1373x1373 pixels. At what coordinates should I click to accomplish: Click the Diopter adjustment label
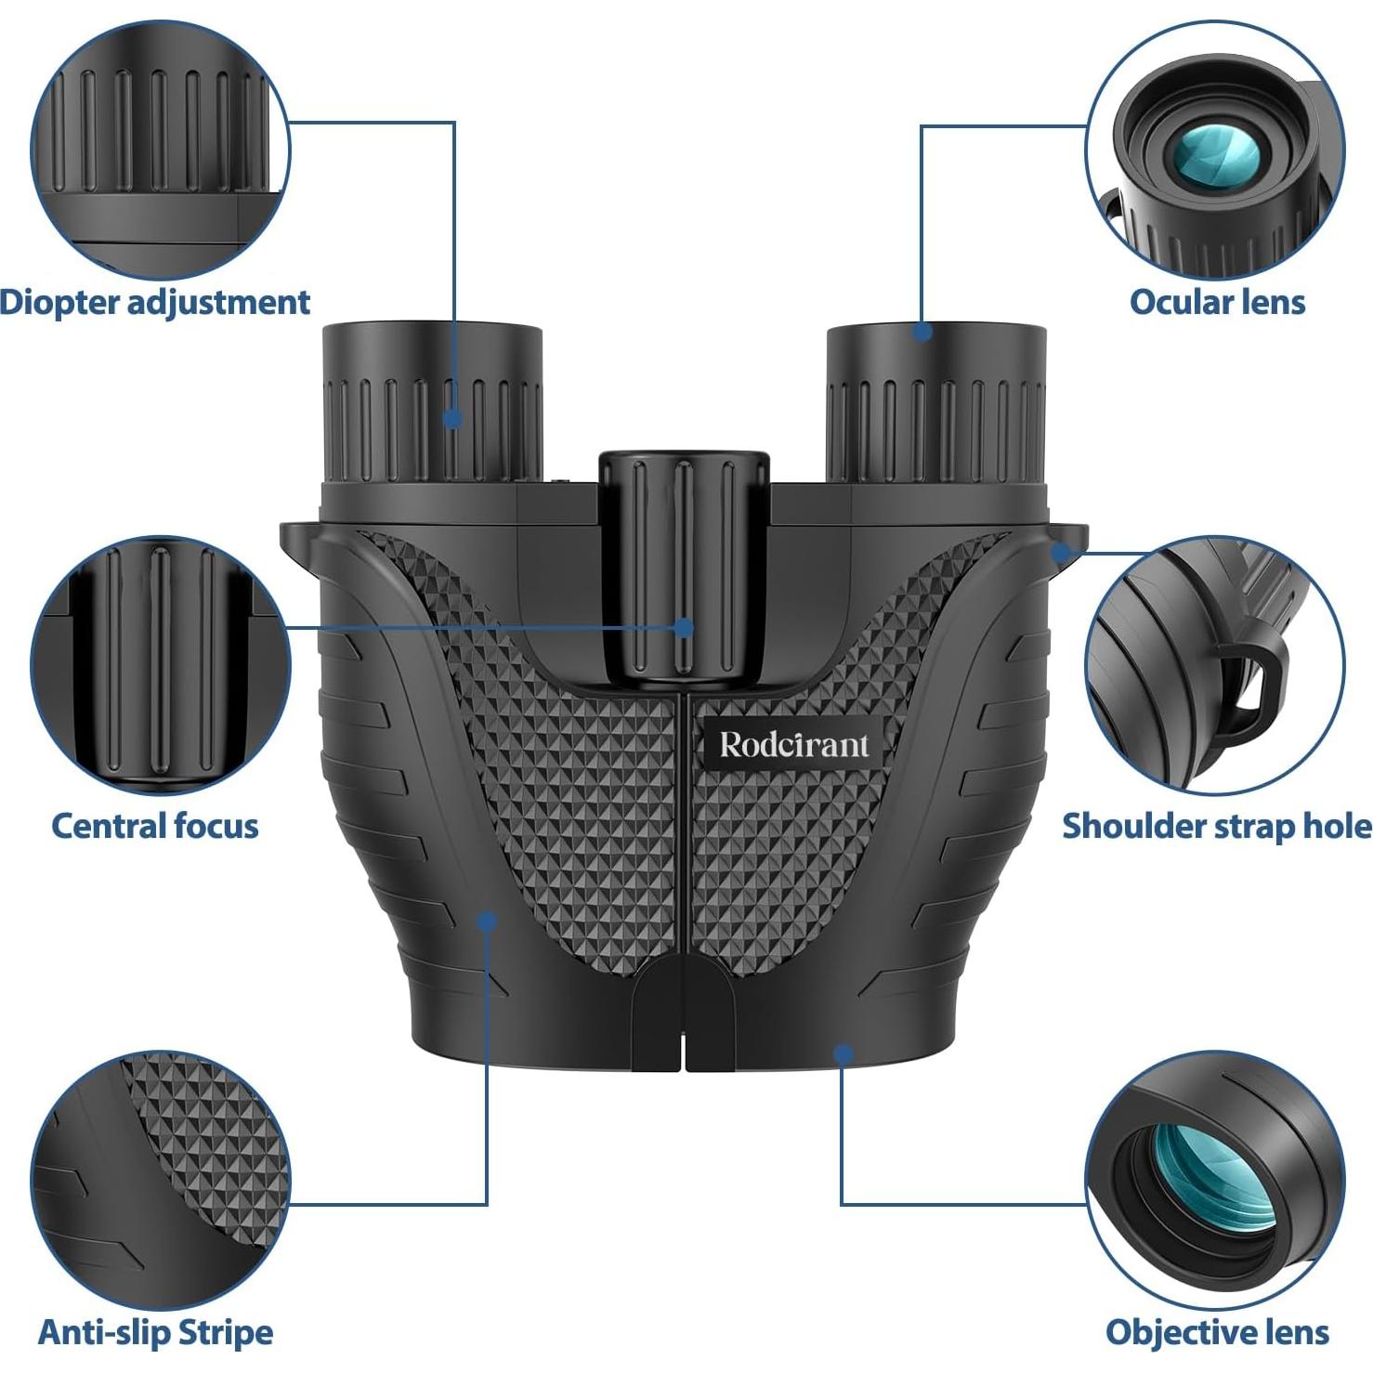154,302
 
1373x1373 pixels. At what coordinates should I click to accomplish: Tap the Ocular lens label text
1217,302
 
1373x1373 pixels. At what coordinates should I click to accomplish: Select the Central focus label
154,826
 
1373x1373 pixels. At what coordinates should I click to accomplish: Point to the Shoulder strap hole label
1217,826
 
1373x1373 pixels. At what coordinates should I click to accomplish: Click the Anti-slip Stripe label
155,1332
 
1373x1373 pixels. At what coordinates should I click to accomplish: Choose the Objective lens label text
1217,1332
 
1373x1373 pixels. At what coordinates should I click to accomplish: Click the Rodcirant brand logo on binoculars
794,745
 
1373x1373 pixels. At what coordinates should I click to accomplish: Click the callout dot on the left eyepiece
452,418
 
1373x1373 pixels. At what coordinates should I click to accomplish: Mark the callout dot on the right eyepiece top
922,332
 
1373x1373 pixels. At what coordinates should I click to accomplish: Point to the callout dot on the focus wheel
685,627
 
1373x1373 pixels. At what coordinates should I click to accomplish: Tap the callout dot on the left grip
487,922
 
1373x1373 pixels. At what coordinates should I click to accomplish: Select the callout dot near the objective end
843,1054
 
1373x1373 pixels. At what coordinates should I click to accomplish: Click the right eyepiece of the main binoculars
936,409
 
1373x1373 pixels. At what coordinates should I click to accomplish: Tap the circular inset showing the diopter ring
160,149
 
